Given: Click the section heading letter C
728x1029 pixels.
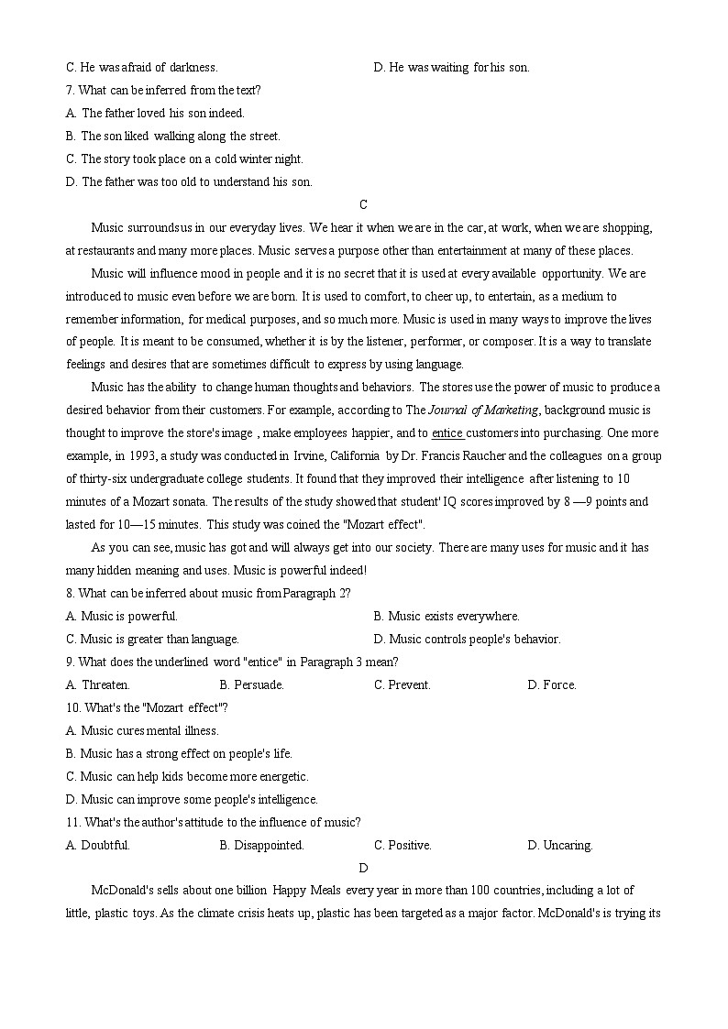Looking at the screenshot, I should pos(364,204).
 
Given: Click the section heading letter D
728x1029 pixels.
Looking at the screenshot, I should pos(364,868).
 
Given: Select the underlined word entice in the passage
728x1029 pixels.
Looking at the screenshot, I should pos(447,433).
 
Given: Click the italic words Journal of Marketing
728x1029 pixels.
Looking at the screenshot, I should pos(483,411).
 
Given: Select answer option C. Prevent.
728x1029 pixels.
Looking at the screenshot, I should pos(402,684).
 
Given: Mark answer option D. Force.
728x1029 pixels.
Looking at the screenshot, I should pos(552,684).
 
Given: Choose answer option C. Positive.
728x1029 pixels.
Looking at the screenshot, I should pos(403,845).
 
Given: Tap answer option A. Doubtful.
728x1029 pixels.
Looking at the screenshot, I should pos(98,845).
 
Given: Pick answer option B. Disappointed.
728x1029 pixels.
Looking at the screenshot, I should pos(261,845).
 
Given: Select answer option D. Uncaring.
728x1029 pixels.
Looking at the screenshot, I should pos(559,845).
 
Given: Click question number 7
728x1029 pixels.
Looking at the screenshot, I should pos(71,90).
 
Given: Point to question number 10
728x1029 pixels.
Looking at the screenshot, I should pos(73,707).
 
